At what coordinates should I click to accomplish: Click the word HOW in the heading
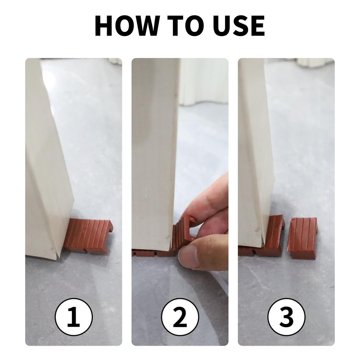[x=127, y=26]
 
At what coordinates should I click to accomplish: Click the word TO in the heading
[x=185, y=26]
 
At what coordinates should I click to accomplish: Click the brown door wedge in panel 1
[x=88, y=237]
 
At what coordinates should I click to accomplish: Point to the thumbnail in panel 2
[x=189, y=256]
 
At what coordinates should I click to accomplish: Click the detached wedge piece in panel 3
[x=302, y=238]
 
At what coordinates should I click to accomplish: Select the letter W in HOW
[x=145, y=26]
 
